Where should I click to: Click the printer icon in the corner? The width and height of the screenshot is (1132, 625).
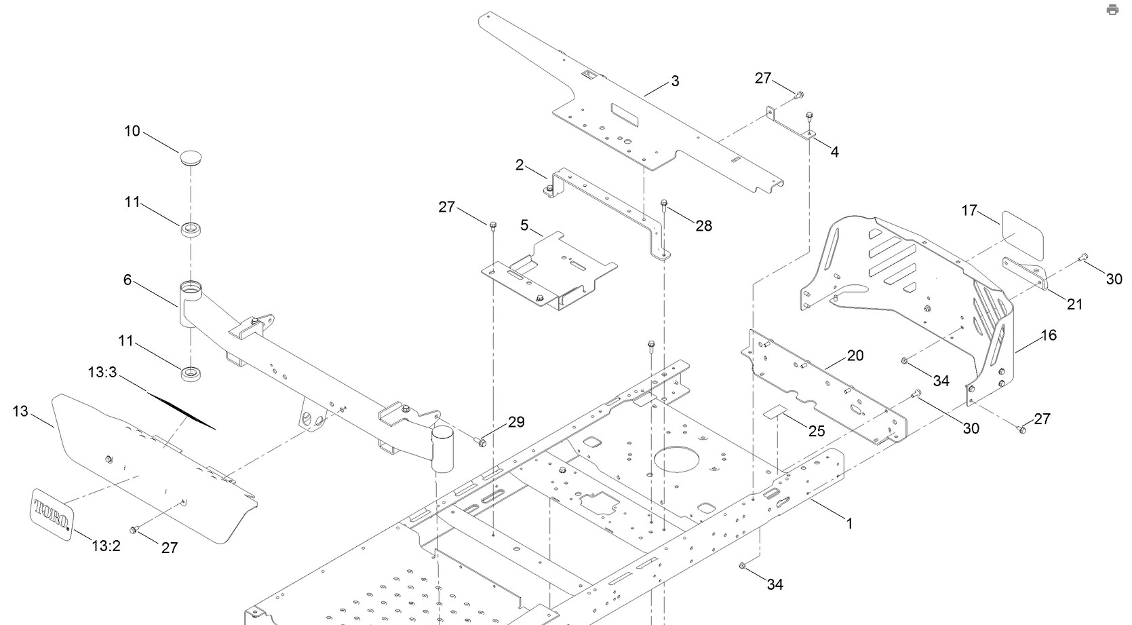pos(1112,10)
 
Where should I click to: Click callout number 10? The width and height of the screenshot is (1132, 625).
pos(132,131)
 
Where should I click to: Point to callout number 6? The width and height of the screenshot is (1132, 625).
pos(128,280)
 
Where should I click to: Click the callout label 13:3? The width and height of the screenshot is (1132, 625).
pos(102,373)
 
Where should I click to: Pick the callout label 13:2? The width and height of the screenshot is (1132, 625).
pos(106,546)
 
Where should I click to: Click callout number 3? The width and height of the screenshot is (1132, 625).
pos(675,81)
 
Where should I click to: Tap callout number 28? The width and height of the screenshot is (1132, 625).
pos(704,226)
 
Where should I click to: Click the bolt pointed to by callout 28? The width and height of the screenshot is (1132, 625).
pos(664,203)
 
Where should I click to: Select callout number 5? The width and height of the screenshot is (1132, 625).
pos(524,225)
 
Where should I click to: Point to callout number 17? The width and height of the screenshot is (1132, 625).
pos(969,211)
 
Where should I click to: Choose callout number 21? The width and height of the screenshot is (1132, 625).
pos(1075,305)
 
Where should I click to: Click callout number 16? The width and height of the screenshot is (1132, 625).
pos(1049,335)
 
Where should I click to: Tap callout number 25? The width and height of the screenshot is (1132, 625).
pos(817,431)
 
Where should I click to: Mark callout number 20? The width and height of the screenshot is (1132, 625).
pos(855,356)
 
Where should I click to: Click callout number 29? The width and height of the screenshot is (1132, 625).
pos(516,422)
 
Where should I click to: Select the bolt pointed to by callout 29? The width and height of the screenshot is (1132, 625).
pos(481,443)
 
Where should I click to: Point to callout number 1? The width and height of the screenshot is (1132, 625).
pos(849,524)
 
